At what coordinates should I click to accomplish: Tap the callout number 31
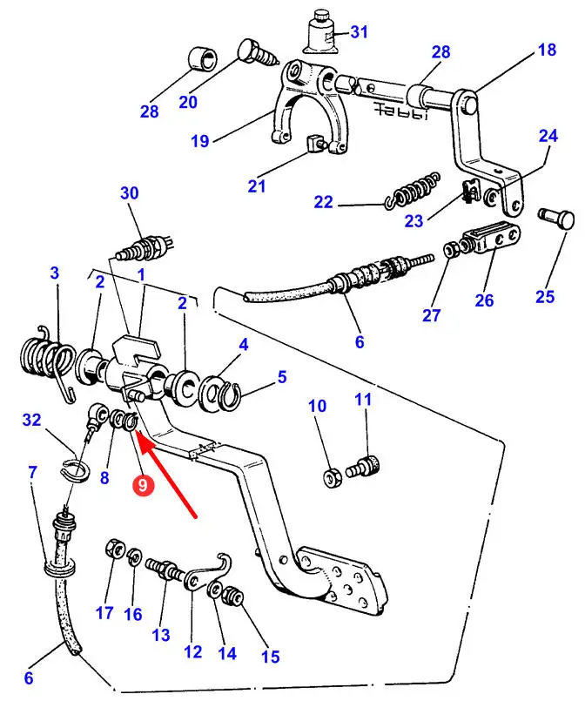(359, 33)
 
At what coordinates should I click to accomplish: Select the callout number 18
(546, 50)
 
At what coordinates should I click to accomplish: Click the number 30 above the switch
(130, 194)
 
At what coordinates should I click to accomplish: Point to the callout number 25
(544, 297)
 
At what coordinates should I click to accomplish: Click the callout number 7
(32, 473)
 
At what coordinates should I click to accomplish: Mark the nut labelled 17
(112, 549)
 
